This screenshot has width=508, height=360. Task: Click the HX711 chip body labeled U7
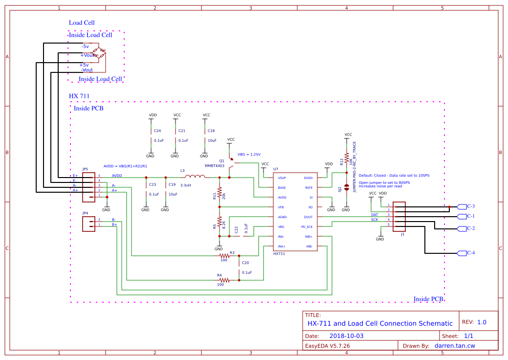(x=294, y=212)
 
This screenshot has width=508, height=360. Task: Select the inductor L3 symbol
(x=195, y=177)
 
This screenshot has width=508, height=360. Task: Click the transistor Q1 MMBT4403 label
(x=214, y=165)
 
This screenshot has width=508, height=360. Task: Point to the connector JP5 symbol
(x=88, y=187)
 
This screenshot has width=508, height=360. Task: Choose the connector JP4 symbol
(x=88, y=224)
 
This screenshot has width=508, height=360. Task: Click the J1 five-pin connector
(x=399, y=217)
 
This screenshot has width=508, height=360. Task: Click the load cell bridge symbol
(x=100, y=54)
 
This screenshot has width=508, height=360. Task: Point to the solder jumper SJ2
(x=346, y=187)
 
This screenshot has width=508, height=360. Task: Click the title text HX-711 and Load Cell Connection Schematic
(x=379, y=323)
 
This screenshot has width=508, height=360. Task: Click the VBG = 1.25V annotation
(x=249, y=154)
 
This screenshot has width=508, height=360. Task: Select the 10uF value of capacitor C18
(x=212, y=140)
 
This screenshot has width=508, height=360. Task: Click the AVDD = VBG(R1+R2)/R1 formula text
(x=125, y=166)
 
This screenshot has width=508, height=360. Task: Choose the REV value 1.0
(x=482, y=322)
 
